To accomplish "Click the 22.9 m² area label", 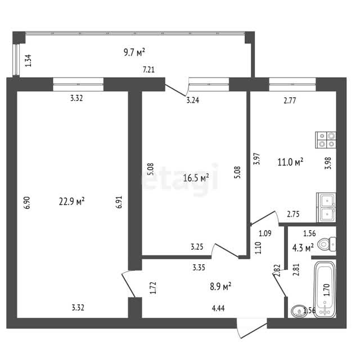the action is pyautogui.click(x=72, y=201).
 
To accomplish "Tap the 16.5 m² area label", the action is pyautogui.click(x=196, y=178).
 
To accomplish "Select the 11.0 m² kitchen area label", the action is pyautogui.click(x=290, y=162).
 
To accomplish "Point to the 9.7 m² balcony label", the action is pyautogui.click(x=134, y=52).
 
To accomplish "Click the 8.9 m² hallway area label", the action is pyautogui.click(x=220, y=286).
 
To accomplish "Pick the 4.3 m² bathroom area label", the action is pyautogui.click(x=303, y=248).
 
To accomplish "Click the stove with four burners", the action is pyautogui.click(x=326, y=140).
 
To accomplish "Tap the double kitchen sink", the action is pyautogui.click(x=326, y=208).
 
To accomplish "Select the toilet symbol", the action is pyautogui.click(x=327, y=244).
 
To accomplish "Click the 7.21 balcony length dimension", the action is pyautogui.click(x=148, y=69).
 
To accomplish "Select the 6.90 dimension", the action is pyautogui.click(x=28, y=202).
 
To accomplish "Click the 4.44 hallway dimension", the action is pyautogui.click(x=218, y=308).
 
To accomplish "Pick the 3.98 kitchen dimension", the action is pyautogui.click(x=328, y=163).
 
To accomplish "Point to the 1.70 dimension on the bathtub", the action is pyautogui.click(x=326, y=290).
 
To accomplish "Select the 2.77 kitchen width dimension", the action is pyautogui.click(x=290, y=101).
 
